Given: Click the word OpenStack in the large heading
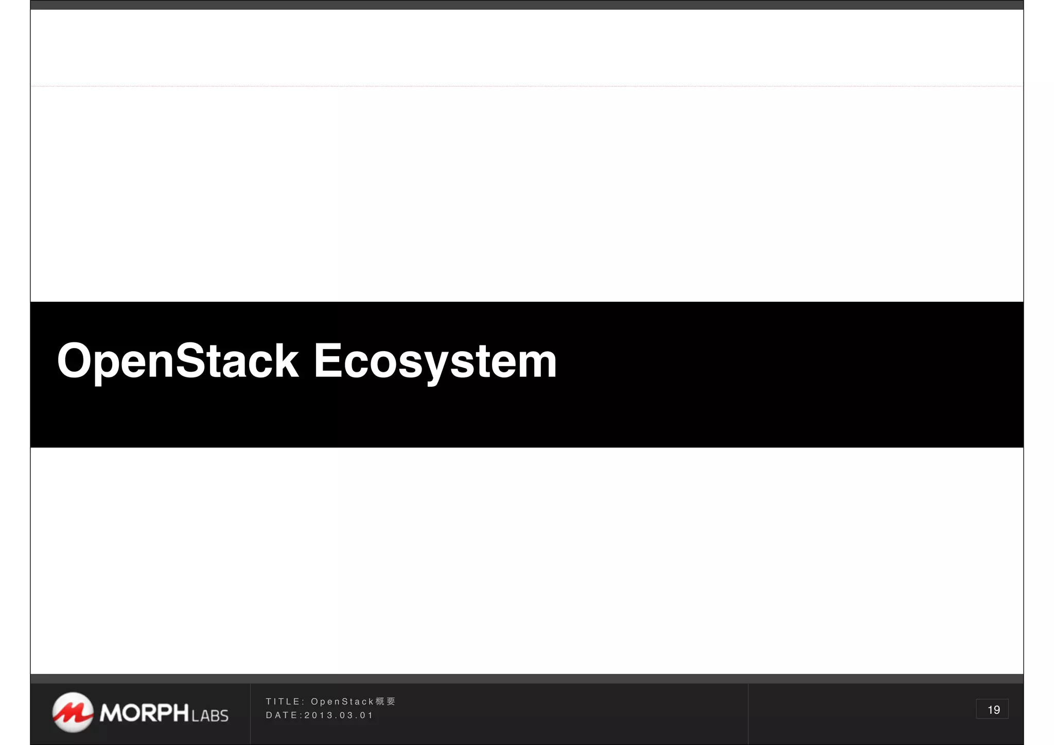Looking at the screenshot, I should coord(178,361).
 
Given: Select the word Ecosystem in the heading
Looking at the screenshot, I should coord(435,361).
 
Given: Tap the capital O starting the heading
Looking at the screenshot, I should coord(75,361).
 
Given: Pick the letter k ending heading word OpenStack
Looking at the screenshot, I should coord(286,361).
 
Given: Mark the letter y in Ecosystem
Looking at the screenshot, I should coord(436,366).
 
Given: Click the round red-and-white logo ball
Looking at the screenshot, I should coord(73,712).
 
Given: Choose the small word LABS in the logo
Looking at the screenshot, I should coord(209,716).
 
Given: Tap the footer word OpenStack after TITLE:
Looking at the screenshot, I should coord(342,702).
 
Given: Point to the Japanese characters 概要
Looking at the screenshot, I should coord(385,702).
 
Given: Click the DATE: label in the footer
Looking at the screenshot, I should coord(284,716).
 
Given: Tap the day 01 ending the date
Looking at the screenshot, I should coord(366,716).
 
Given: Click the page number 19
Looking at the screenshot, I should coord(993,710).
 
